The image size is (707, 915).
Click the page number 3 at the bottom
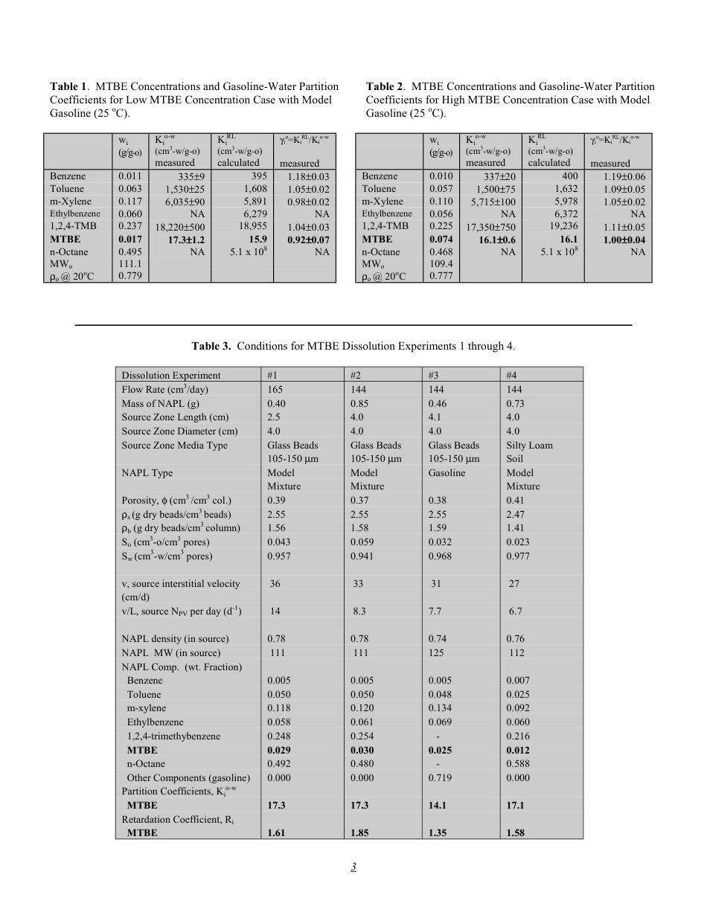pyautogui.click(x=354, y=867)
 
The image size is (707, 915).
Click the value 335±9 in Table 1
pyautogui.click(x=192, y=176)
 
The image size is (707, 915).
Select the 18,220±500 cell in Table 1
pyautogui.click(x=180, y=227)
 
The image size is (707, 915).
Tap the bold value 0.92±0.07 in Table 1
pyautogui.click(x=308, y=240)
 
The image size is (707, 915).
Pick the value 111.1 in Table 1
pyautogui.click(x=130, y=265)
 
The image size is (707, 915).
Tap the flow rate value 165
pyautogui.click(x=275, y=390)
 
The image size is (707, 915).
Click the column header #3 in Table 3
pyautogui.click(x=435, y=376)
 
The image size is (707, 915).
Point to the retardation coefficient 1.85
pyautogui.click(x=359, y=833)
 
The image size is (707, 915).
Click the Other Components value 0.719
pyautogui.click(x=440, y=778)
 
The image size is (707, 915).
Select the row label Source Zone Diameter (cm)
pyautogui.click(x=179, y=431)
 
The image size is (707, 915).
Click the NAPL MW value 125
pyautogui.click(x=437, y=653)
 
